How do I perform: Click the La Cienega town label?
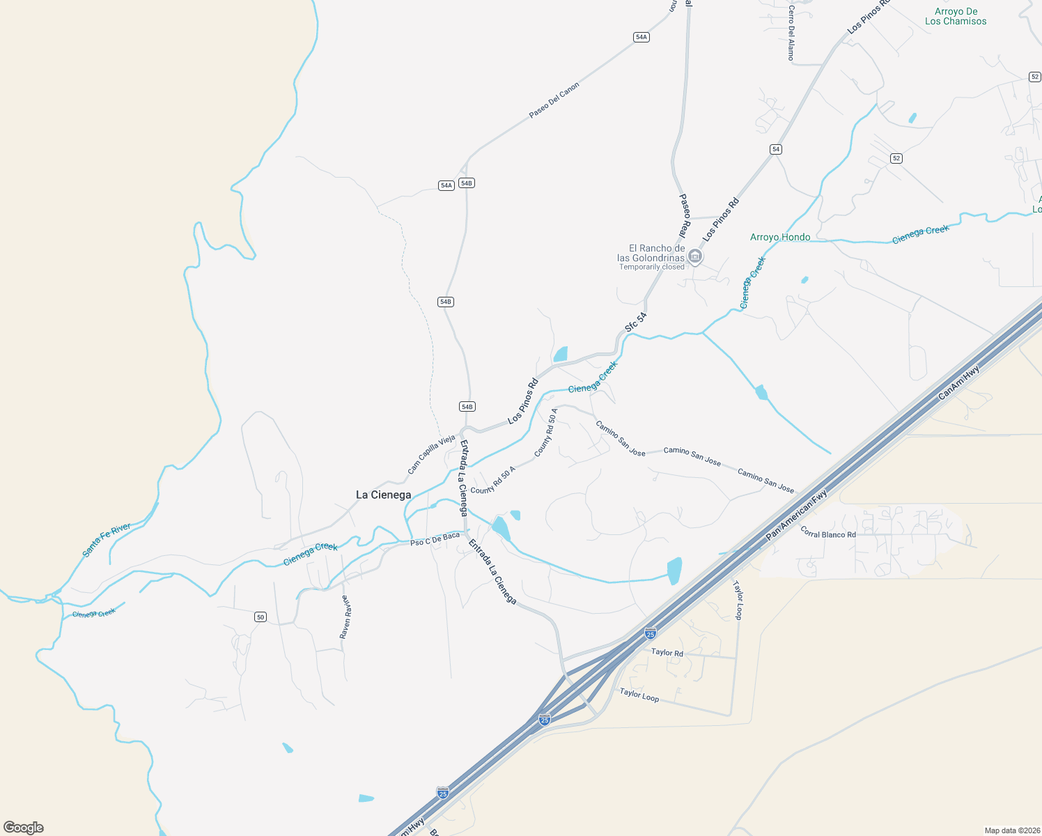tap(383, 495)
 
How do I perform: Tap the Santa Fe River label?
tap(107, 540)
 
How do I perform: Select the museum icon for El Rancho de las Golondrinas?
tap(694, 257)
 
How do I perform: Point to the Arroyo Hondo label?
tap(780, 238)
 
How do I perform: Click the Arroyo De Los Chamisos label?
tap(956, 17)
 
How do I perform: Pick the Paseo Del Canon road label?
tap(554, 100)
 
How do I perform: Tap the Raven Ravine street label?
tap(345, 617)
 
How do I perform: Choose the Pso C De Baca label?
tap(435, 539)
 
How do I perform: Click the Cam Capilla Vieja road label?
tap(431, 455)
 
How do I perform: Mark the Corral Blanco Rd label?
tap(828, 533)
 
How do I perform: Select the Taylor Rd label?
tap(667, 653)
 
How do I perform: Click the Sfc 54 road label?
tap(635, 322)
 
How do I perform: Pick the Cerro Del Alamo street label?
tap(791, 33)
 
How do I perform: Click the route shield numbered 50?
tap(260, 617)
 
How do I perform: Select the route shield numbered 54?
tap(776, 149)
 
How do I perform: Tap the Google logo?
tap(24, 828)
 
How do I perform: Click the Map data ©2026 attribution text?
tap(1011, 830)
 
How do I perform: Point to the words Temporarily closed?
tap(652, 267)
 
